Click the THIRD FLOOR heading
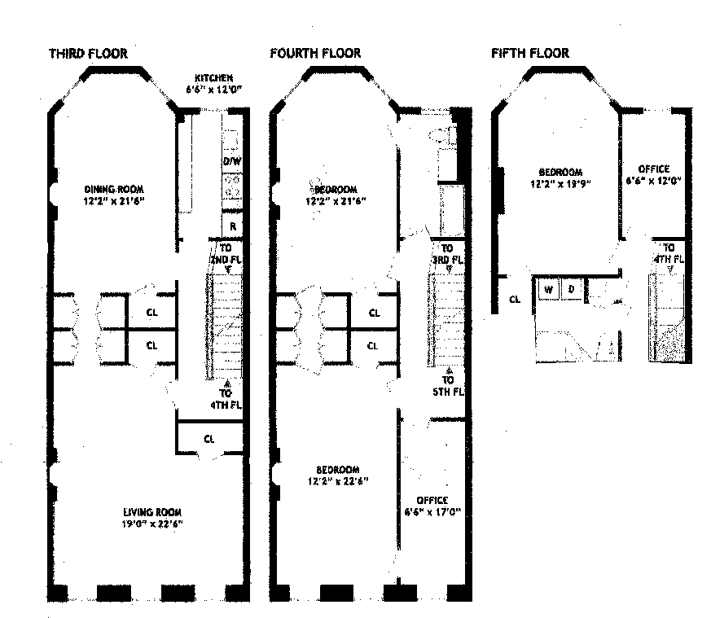tap(88, 54)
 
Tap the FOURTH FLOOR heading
tap(315, 54)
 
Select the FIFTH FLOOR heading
tap(529, 54)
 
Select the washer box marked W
tap(549, 289)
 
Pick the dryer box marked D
tap(572, 289)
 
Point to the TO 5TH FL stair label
tap(449, 385)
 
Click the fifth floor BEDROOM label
tap(560, 172)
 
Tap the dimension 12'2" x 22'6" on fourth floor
tap(337, 481)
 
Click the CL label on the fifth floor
tap(514, 299)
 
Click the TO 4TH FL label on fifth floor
tap(669, 253)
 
